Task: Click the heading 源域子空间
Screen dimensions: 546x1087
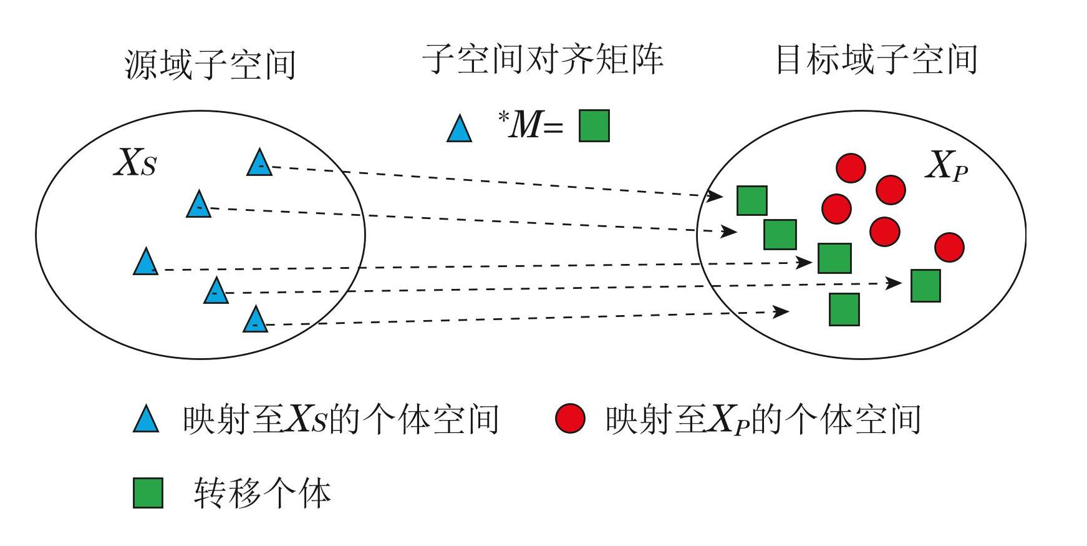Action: tap(210, 64)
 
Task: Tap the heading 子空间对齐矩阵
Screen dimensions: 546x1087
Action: tap(543, 59)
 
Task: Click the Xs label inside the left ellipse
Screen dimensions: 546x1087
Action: tap(135, 163)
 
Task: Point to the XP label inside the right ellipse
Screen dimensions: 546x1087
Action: tap(947, 167)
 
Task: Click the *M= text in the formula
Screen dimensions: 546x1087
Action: tap(530, 125)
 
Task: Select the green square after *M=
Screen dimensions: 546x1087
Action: tap(594, 126)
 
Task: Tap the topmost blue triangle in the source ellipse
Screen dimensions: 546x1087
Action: tap(259, 163)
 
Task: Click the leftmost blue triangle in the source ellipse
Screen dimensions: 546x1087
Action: tap(145, 263)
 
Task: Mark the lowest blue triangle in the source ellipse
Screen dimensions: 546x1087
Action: tap(255, 320)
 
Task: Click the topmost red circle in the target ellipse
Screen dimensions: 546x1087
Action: tap(851, 167)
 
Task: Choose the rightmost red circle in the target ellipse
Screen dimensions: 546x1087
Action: tap(949, 247)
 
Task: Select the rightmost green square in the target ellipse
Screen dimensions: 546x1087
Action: tap(925, 286)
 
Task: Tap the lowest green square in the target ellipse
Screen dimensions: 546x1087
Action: tap(844, 310)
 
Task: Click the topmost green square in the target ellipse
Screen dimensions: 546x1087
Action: tap(752, 200)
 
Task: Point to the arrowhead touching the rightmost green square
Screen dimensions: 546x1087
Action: tap(894, 283)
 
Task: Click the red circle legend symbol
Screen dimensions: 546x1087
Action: tap(570, 419)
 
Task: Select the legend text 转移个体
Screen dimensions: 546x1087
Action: tap(262, 493)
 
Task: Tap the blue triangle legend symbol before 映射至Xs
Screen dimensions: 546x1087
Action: tap(146, 420)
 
